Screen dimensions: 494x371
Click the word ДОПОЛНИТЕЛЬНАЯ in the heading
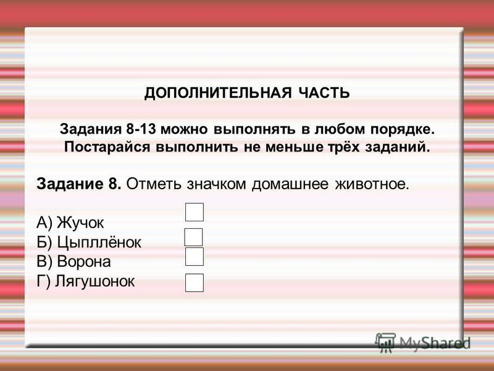218,93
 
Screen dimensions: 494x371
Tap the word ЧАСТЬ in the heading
324,93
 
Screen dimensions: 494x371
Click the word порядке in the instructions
402,130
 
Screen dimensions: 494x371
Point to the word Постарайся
107,147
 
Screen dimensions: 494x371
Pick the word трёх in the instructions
344,147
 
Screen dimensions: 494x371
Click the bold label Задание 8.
79,184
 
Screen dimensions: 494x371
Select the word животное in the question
372,184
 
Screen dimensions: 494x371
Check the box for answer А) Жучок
195,212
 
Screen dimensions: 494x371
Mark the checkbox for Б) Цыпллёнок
193,237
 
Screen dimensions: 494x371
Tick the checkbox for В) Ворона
195,257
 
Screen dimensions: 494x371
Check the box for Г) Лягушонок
195,283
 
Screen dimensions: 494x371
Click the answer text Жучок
80,223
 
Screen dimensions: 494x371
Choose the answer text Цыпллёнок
99,242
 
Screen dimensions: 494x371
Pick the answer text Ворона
84,262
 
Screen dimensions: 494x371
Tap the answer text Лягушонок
95,281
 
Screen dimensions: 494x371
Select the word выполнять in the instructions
254,129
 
